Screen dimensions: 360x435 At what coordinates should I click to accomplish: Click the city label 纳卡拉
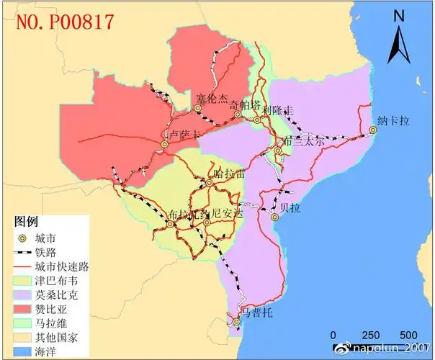[393, 121]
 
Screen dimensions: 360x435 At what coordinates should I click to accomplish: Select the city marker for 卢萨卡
[164, 145]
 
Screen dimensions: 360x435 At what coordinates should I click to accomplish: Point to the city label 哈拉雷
[230, 174]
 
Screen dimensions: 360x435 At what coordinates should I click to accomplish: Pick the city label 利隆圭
[278, 110]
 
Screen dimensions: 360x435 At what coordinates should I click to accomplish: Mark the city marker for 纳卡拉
[373, 130]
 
